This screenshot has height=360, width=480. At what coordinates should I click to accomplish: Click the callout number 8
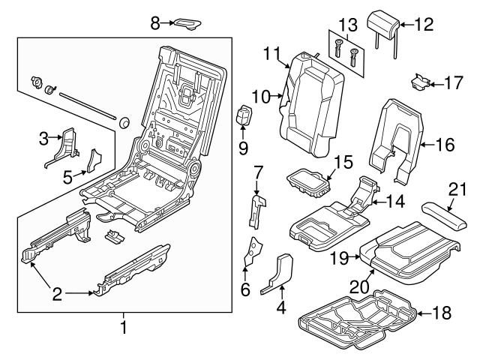coord(156,23)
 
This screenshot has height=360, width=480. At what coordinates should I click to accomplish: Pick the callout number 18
coord(445,314)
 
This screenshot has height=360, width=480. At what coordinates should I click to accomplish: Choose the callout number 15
coord(343,162)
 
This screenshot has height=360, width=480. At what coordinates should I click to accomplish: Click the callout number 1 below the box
coord(124,327)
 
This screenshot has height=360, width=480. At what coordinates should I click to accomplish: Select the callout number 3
coord(43,137)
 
